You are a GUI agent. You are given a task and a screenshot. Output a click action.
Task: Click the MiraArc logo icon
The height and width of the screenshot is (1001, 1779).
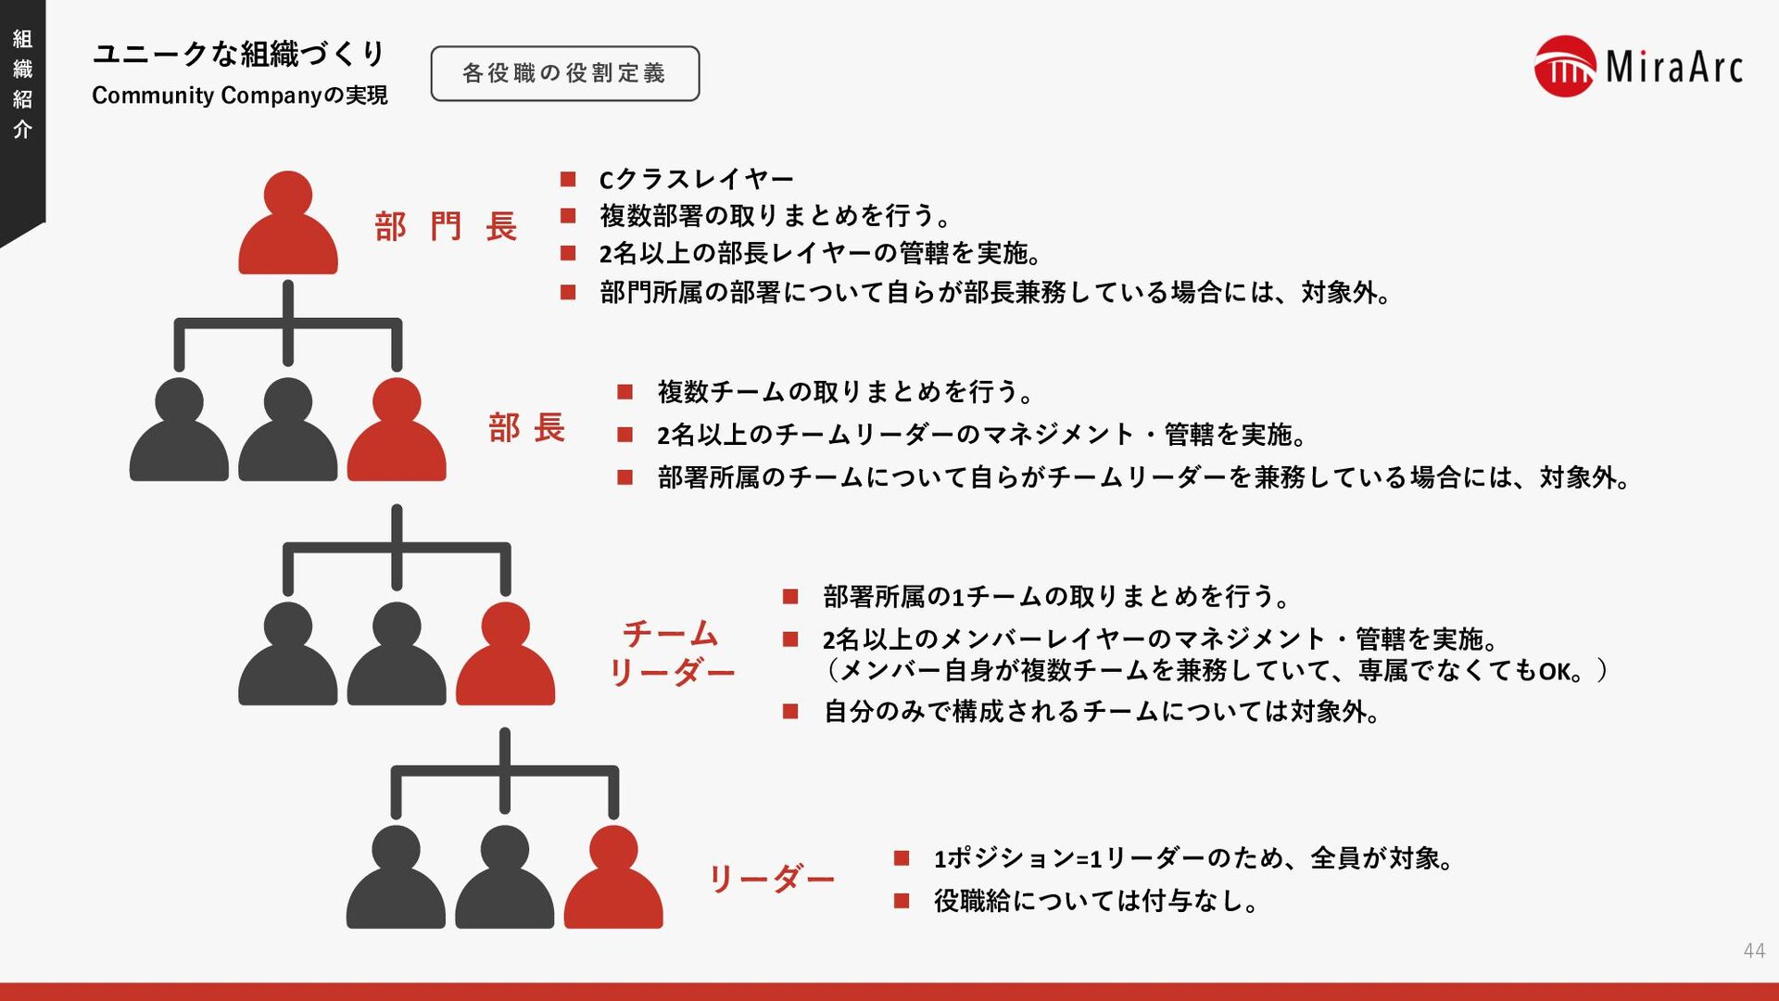point(1564,67)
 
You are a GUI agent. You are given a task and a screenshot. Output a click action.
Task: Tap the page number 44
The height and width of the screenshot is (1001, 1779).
point(1753,950)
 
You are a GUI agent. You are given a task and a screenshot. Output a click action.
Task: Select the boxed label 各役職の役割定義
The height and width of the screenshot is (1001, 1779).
point(564,73)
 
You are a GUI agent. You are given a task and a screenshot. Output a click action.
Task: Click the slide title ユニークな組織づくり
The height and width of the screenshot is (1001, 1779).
point(238,54)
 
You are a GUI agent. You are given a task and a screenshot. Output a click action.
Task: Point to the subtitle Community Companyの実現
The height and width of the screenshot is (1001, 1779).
point(239,95)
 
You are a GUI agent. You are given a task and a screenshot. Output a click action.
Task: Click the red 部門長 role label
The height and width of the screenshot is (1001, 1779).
point(446,226)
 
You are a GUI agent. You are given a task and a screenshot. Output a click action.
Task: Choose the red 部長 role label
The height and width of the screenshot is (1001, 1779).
point(526,428)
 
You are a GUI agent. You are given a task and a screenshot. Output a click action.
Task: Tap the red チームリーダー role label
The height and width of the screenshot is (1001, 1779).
point(671,653)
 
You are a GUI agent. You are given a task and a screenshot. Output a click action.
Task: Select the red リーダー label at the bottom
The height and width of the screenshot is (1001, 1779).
point(771,877)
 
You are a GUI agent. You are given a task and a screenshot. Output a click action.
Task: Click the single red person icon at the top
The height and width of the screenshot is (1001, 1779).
point(288,223)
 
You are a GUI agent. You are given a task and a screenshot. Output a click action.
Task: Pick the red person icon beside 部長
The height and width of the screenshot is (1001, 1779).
point(397,430)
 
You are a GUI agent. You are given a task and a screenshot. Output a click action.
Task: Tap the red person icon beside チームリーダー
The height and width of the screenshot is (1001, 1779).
point(506,654)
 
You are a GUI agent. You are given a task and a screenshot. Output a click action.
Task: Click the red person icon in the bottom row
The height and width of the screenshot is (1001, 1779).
point(613,878)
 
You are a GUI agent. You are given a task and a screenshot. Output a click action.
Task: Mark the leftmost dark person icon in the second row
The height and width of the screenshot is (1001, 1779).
point(179,430)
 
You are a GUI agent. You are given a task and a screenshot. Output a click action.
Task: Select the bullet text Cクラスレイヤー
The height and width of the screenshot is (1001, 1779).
point(696,179)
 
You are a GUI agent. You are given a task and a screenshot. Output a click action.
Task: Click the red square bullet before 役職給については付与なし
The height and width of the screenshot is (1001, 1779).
point(902,901)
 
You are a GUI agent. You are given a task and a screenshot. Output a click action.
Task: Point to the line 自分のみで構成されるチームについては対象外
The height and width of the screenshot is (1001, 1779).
point(1102,712)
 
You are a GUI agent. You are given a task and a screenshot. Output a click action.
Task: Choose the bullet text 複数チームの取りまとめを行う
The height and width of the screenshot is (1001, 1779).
point(845,392)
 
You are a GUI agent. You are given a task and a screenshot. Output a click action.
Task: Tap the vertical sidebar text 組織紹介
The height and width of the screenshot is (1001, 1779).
point(22,83)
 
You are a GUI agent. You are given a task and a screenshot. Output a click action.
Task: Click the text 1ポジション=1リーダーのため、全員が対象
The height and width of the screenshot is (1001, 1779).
point(1192,858)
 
